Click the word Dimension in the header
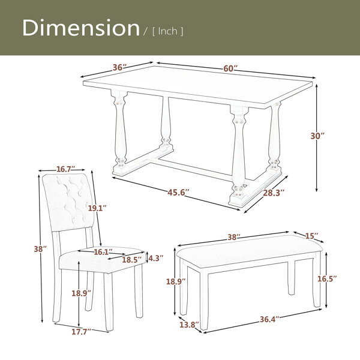(81, 28)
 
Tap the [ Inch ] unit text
(168, 31)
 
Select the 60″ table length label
(230, 68)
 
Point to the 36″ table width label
(119, 67)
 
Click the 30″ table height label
(317, 136)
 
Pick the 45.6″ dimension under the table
(178, 193)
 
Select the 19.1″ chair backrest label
(97, 208)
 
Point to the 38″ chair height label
(40, 249)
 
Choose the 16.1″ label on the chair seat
(103, 252)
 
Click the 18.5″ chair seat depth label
(131, 260)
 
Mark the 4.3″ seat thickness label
(156, 258)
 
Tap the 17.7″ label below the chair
(81, 332)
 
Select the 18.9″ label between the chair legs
(81, 293)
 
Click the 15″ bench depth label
(312, 236)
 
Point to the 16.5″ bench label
(327, 279)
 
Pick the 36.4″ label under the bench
(269, 319)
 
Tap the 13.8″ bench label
(189, 325)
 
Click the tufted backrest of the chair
(68, 202)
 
